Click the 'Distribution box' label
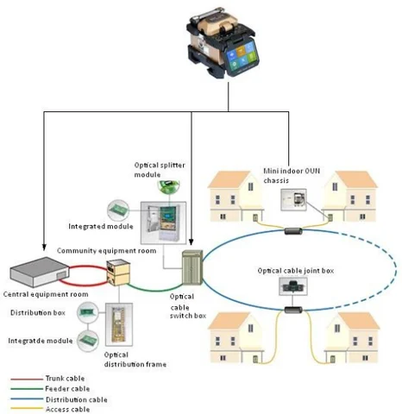39,311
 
